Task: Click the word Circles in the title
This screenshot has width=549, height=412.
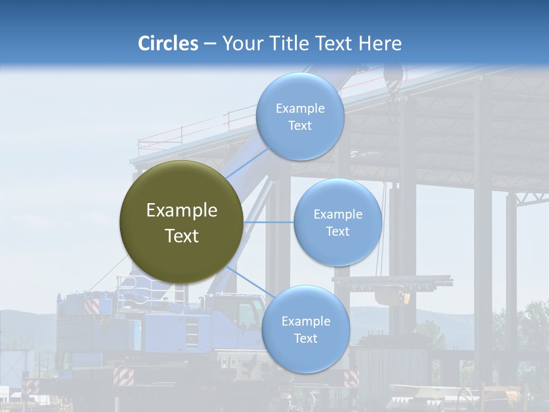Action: [168, 43]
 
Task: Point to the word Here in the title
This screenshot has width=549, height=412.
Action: [380, 43]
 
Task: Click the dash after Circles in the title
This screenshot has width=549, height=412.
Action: [210, 44]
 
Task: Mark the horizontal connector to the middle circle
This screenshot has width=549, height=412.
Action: [268, 222]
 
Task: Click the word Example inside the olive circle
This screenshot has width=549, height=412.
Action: [181, 211]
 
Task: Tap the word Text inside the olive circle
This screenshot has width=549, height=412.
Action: [181, 236]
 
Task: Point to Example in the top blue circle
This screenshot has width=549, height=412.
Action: [300, 109]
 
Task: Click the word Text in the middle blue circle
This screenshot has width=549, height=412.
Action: [337, 231]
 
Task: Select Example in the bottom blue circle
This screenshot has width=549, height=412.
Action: [305, 321]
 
